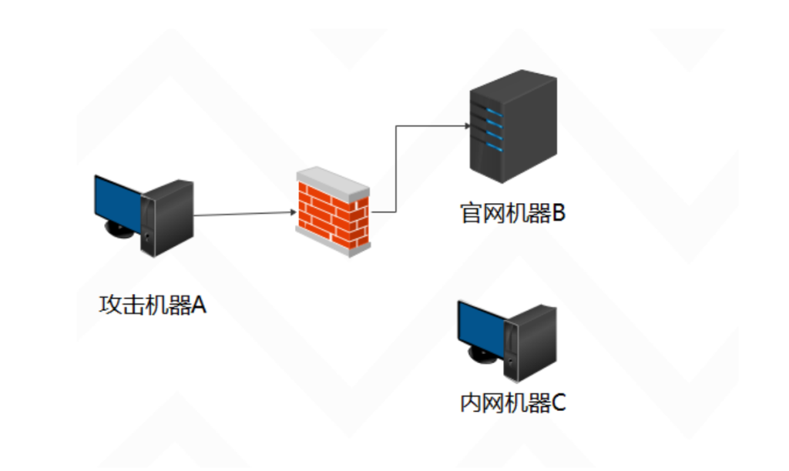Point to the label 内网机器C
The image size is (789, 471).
pos(512,402)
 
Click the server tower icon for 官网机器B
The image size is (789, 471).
pos(512,127)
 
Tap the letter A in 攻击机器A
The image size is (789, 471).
pos(199,306)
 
